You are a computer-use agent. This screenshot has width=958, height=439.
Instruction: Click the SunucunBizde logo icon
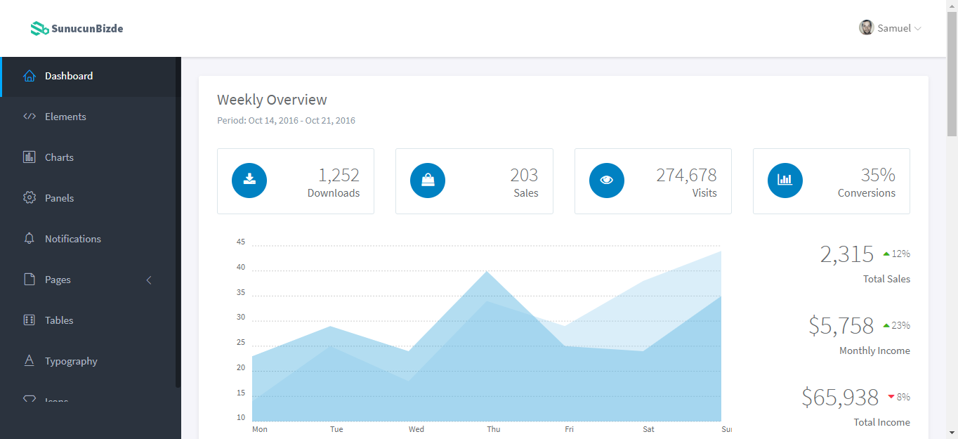pos(39,29)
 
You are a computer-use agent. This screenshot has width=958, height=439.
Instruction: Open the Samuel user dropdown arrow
pos(917,29)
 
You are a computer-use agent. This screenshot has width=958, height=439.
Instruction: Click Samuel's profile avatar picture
pos(866,28)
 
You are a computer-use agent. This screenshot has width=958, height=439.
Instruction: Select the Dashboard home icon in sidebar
pos(29,76)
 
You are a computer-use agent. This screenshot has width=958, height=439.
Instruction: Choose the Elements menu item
pos(65,117)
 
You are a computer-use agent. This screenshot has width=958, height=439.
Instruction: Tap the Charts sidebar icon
pos(29,157)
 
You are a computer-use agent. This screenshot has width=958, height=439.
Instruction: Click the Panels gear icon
pos(29,197)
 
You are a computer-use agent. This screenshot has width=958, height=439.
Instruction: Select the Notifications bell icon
pos(29,238)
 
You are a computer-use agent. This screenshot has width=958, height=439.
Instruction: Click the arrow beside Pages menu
pos(149,280)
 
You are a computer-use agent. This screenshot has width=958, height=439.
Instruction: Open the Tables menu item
pos(59,320)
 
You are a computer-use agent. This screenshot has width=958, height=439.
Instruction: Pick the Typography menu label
pos(71,361)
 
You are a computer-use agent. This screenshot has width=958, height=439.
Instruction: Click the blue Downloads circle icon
pos(249,181)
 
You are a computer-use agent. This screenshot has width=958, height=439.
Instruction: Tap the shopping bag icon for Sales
pos(428,181)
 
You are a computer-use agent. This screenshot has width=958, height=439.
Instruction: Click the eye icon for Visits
pos(606,180)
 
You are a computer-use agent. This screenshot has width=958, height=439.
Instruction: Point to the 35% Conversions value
pos(878,175)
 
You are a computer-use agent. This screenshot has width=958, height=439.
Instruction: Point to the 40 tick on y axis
pos(241,267)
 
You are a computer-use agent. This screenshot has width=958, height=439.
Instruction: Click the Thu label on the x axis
pos(494,429)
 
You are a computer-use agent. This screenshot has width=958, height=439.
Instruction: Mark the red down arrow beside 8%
pos(891,397)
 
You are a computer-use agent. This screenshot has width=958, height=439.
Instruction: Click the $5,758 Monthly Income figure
pos(841,326)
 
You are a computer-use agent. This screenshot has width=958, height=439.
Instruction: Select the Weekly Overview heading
pos(272,100)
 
